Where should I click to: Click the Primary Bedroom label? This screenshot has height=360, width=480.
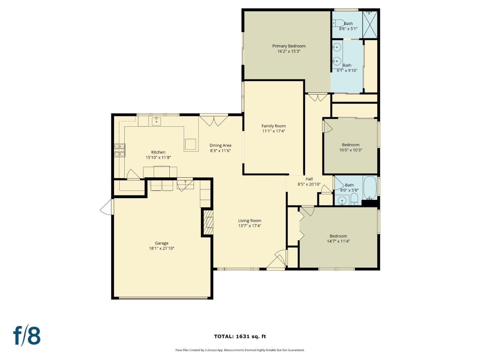(x=289, y=46)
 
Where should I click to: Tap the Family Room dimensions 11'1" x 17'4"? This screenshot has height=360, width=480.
(x=273, y=131)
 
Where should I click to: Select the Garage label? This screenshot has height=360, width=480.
(x=161, y=243)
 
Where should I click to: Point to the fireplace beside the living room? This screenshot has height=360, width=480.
(x=208, y=222)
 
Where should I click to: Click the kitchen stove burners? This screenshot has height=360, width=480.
(x=120, y=150)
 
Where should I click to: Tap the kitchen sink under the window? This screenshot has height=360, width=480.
(x=156, y=121)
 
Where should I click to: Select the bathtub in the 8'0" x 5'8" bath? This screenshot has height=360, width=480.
(x=370, y=188)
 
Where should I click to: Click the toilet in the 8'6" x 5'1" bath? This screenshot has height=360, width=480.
(x=338, y=23)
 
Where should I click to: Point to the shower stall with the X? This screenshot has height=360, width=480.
(x=370, y=25)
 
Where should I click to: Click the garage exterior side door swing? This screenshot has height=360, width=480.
(x=107, y=207)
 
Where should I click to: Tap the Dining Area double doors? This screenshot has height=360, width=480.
(x=214, y=121)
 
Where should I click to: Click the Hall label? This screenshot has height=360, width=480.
(x=309, y=179)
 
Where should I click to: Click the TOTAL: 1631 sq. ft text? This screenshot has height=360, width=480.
(x=240, y=336)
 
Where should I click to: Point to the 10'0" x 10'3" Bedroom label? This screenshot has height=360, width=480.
(x=350, y=145)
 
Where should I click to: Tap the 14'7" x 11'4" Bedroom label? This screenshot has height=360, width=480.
(x=338, y=236)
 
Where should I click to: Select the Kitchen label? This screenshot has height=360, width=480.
(x=158, y=152)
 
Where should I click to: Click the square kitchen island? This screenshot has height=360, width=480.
(x=191, y=144)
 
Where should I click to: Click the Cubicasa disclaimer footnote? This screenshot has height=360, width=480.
(x=240, y=350)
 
